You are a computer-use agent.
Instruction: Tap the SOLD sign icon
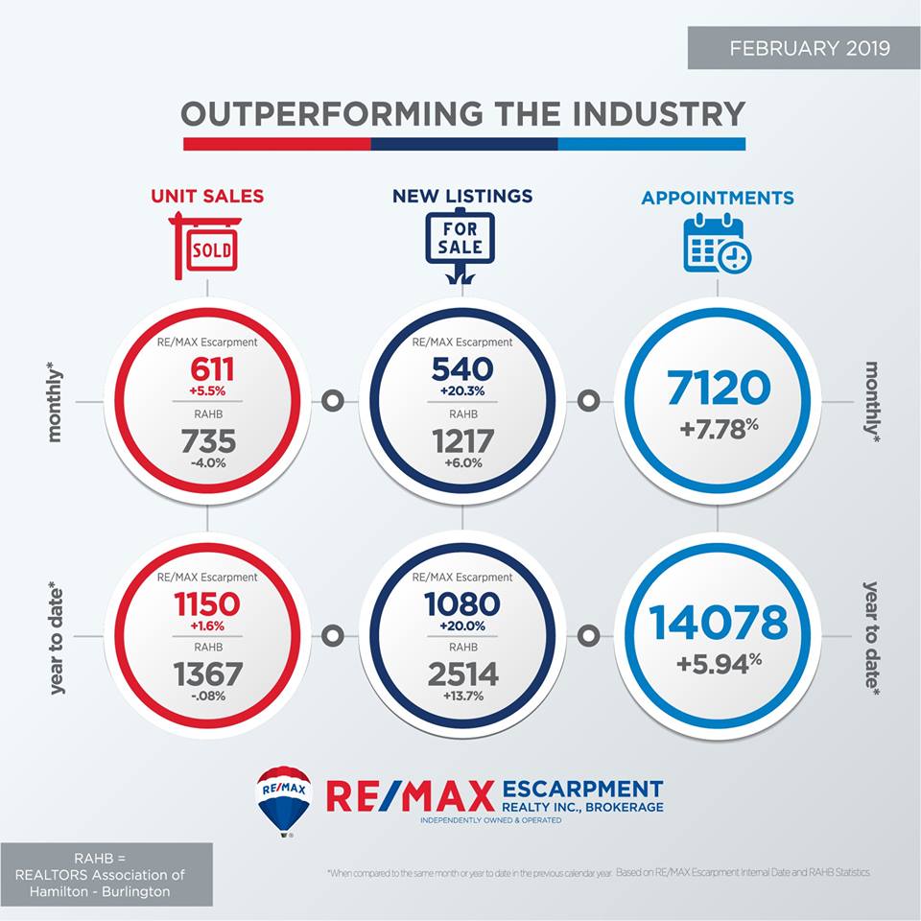(205, 248)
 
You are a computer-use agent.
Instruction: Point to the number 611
(207, 370)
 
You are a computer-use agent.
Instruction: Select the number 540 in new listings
(461, 369)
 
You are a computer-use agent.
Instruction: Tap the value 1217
(461, 441)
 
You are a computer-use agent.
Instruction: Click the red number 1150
(207, 604)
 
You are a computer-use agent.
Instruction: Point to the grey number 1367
(207, 673)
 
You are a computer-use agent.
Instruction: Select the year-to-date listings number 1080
(461, 604)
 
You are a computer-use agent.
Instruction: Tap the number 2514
(461, 674)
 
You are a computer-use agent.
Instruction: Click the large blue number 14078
(719, 623)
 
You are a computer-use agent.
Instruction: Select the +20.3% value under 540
(461, 391)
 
